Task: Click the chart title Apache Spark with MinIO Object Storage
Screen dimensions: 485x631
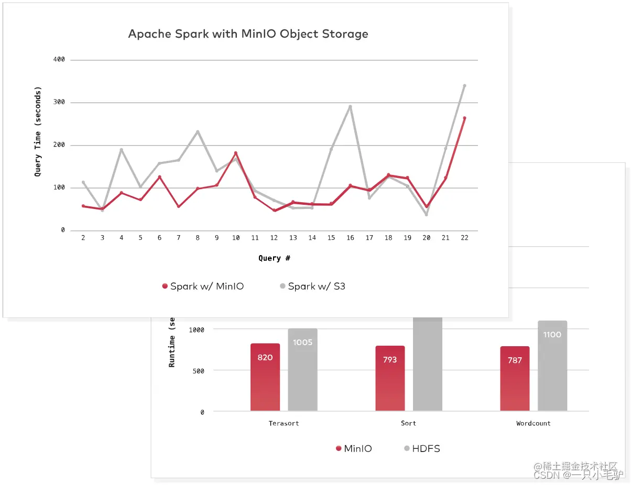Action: [x=248, y=35]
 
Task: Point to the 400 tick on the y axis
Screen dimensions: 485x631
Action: [x=59, y=60]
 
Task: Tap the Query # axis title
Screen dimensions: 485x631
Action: [x=274, y=258]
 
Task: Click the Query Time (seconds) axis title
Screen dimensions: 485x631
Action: [x=38, y=131]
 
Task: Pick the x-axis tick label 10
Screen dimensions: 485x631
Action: [x=236, y=238]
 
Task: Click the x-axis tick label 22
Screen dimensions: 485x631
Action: [x=464, y=238]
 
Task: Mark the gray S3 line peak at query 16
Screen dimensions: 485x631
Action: [x=350, y=107]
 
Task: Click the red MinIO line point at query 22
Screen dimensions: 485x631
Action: [x=464, y=118]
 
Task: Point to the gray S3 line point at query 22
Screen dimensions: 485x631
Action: [x=464, y=86]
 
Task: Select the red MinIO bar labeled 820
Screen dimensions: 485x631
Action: [x=265, y=377]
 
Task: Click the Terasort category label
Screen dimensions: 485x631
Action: [x=284, y=423]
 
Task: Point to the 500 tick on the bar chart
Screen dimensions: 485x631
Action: [x=199, y=371]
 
